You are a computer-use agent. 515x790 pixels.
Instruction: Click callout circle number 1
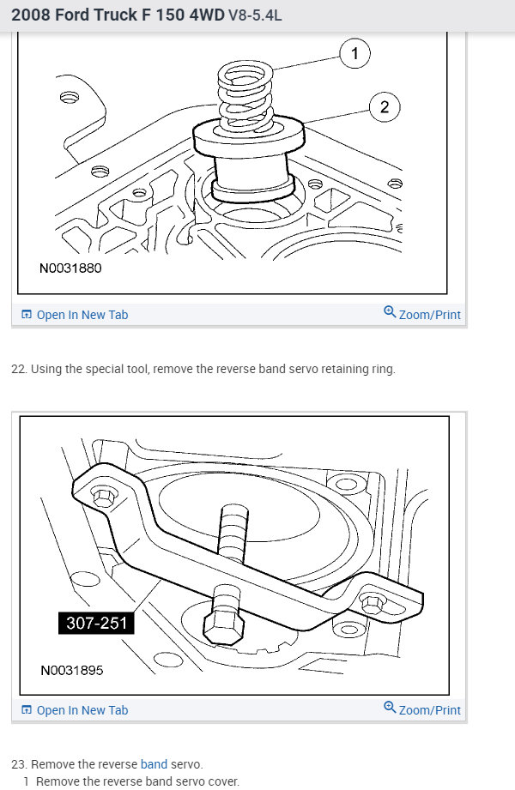[354, 53]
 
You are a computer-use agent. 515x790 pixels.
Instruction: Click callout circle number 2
[385, 107]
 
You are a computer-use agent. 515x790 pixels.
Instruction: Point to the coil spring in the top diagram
[245, 96]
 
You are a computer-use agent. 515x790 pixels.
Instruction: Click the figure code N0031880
[70, 268]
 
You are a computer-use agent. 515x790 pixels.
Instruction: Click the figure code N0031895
[71, 670]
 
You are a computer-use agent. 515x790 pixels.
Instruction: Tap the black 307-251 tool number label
[96, 623]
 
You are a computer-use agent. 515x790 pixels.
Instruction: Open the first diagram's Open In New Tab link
[75, 315]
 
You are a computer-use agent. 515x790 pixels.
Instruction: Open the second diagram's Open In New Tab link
[75, 710]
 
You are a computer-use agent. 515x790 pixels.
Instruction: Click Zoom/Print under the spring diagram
[422, 314]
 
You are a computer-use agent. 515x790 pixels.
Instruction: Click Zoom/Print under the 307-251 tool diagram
[422, 709]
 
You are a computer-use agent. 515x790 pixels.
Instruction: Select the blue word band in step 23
[154, 764]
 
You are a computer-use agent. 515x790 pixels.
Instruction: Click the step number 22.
[19, 370]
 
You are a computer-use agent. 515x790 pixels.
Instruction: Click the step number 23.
[19, 764]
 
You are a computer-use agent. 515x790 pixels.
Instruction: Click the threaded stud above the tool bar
[233, 533]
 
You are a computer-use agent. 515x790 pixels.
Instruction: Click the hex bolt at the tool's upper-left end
[102, 498]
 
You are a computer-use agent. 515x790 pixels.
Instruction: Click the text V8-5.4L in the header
[255, 15]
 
